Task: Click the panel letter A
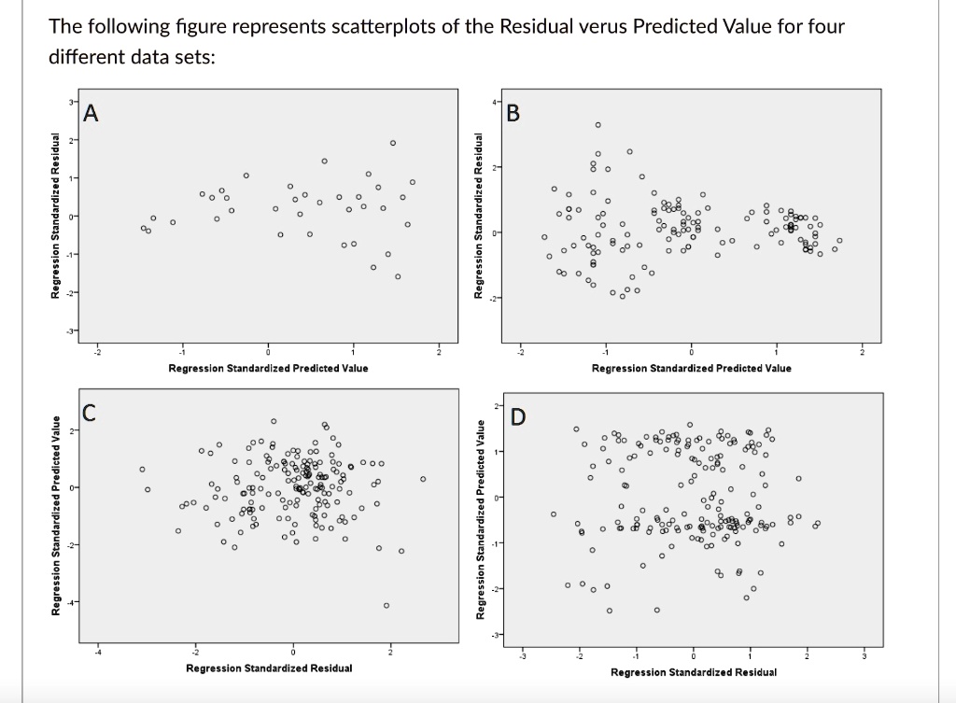[x=91, y=114]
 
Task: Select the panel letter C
[x=90, y=412]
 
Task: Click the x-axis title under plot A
[x=268, y=368]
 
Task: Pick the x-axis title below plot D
[x=694, y=671]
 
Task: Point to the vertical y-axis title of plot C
[x=56, y=515]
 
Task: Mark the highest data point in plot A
[x=393, y=143]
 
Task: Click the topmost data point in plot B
[x=598, y=124]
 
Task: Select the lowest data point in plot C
[x=387, y=605]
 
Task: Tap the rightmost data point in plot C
[x=423, y=479]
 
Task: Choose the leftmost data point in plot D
[x=554, y=513]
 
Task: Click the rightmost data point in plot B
[x=838, y=241]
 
